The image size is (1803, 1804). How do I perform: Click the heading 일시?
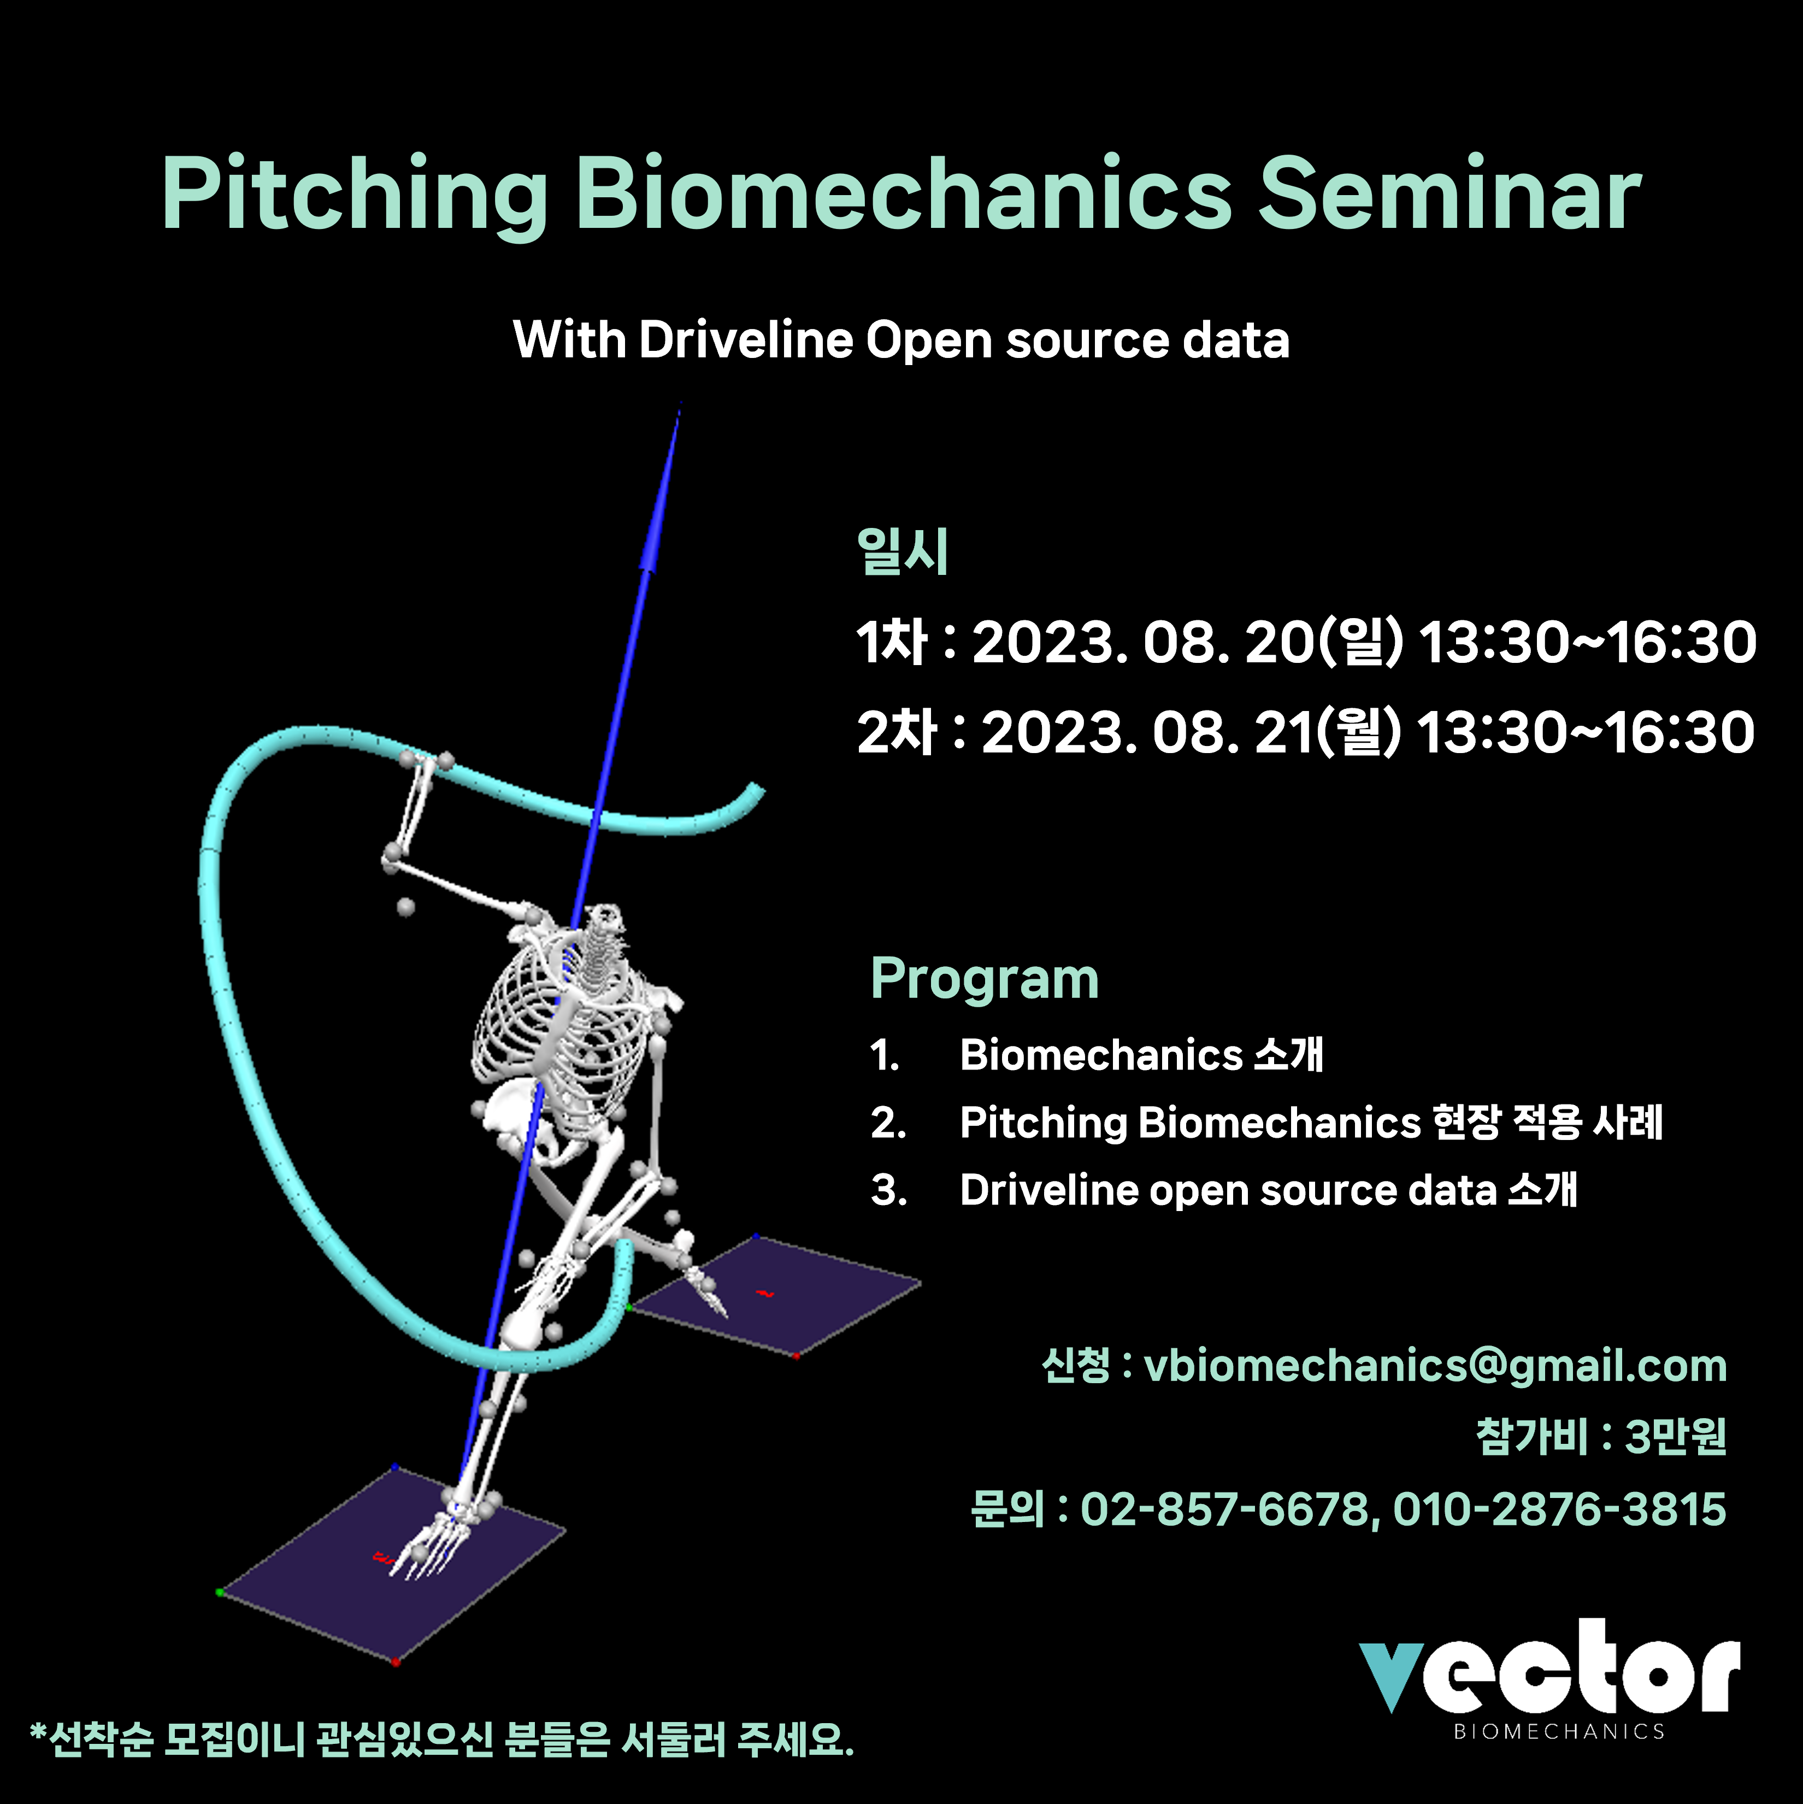tap(902, 551)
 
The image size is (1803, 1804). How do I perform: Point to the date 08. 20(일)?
tap(1274, 643)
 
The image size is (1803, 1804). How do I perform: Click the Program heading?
tap(984, 979)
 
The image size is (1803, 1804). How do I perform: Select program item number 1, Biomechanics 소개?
tap(1096, 1055)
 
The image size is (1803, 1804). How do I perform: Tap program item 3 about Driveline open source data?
tap(1224, 1190)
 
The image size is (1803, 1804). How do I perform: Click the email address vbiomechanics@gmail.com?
tap(1435, 1366)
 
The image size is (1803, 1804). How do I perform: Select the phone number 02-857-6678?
tap(1224, 1509)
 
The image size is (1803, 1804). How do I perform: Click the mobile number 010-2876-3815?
tap(1559, 1509)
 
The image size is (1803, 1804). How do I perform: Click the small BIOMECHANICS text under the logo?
tap(1559, 1732)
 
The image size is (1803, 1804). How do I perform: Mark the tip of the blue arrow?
tap(680, 402)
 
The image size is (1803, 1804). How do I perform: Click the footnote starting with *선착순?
tap(441, 1740)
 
